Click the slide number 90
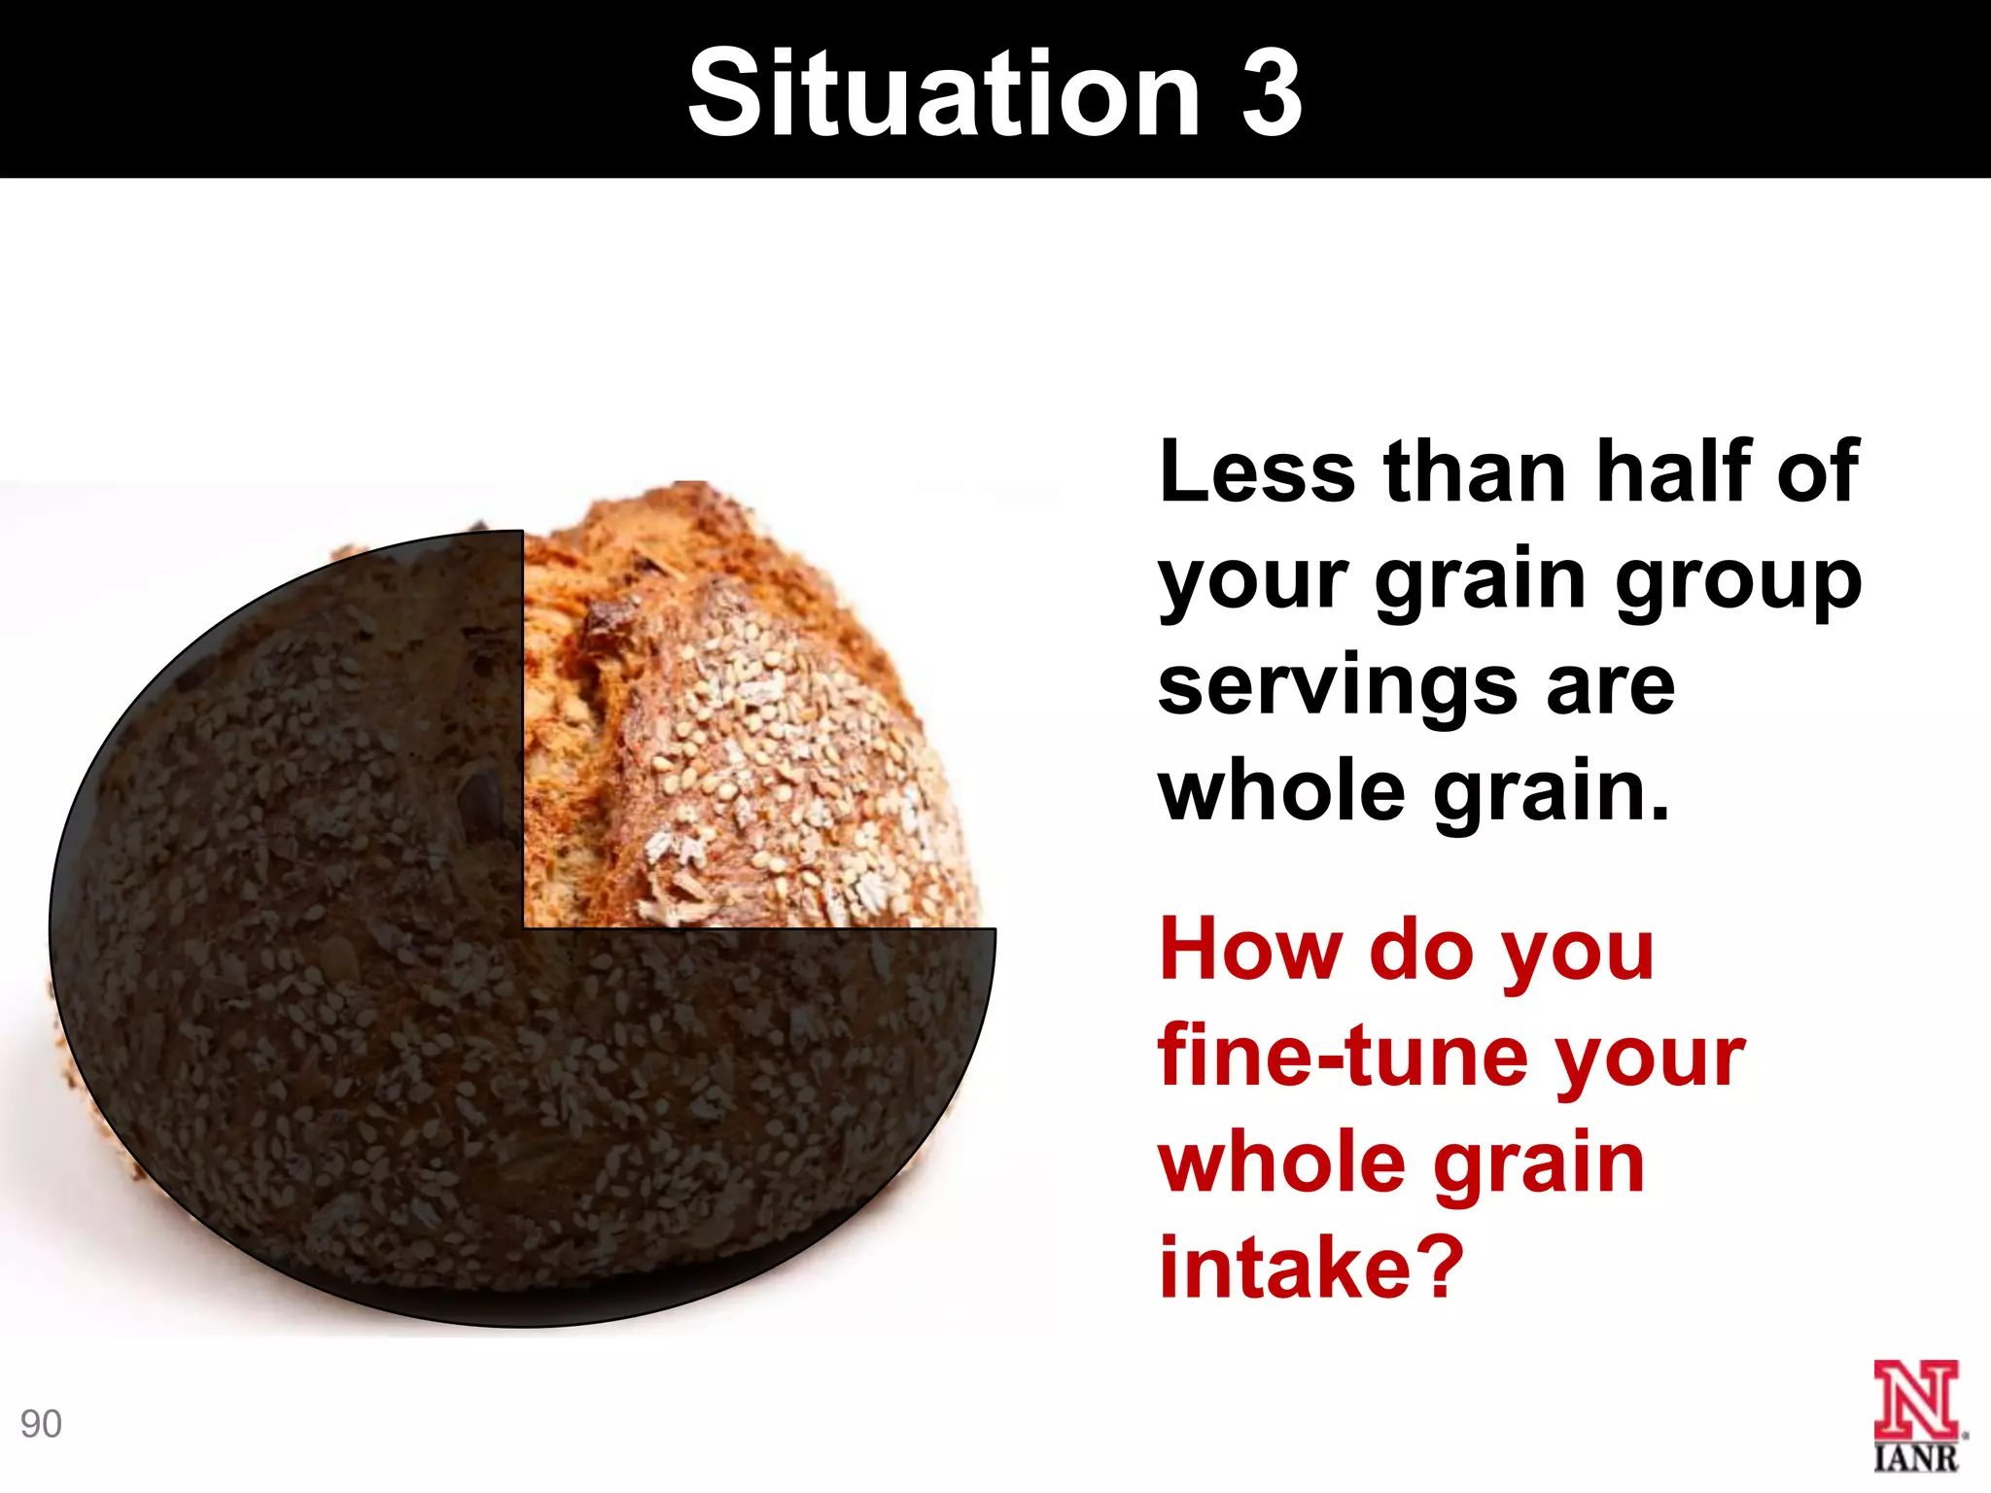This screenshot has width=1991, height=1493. point(41,1424)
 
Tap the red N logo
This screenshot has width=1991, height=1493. point(1916,1400)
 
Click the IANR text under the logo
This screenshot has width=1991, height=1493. point(1916,1457)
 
